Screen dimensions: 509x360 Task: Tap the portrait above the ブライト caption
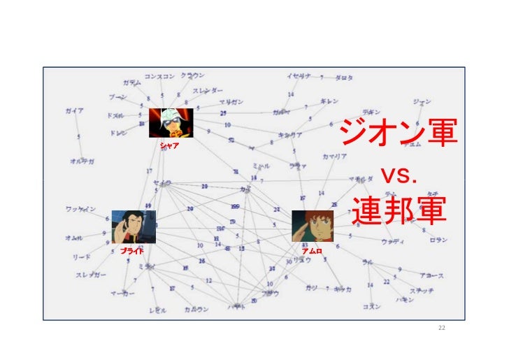coord(134,226)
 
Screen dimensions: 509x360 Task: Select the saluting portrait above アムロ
coord(313,226)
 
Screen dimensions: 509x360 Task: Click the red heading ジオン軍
coord(398,133)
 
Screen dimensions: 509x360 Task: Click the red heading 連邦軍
coord(398,211)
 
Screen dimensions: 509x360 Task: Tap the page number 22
coord(441,328)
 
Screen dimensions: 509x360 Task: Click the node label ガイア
coord(76,111)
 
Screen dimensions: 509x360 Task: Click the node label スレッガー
coord(90,275)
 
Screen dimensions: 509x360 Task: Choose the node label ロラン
coord(438,240)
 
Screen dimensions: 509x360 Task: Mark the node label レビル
coord(157,310)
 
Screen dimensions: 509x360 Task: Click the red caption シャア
coord(170,145)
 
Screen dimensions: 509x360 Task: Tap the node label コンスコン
coord(159,75)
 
